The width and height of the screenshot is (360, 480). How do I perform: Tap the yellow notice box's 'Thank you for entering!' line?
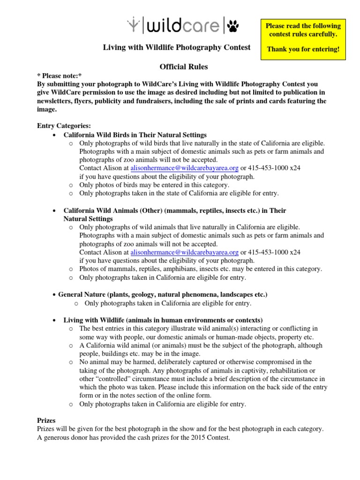[303, 49]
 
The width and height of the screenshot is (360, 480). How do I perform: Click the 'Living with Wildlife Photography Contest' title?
[177, 47]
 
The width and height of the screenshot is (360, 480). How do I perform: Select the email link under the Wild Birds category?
[185, 168]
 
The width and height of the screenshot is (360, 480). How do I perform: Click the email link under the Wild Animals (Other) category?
[185, 252]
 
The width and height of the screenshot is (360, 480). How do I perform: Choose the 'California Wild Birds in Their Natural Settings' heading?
[135, 135]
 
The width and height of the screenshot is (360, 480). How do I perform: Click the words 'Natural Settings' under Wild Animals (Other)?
[88, 219]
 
